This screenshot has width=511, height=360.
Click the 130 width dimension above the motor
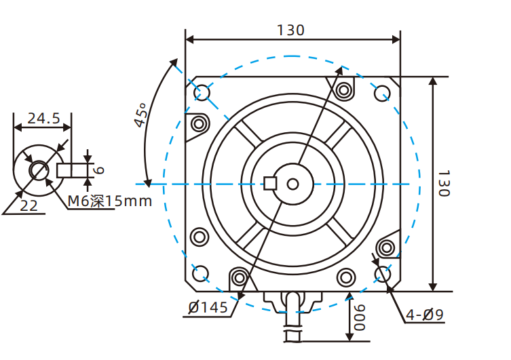tap(290, 30)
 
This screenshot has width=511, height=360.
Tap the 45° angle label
tap(140, 115)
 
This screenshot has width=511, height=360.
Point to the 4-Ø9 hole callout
tap(424, 315)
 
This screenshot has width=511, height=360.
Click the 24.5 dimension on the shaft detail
tap(42, 119)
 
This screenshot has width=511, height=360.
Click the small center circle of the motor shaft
tap(292, 184)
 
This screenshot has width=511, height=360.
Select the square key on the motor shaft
tap(271, 183)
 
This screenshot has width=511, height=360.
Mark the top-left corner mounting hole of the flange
tap(202, 92)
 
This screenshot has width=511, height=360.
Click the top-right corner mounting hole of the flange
tap(382, 92)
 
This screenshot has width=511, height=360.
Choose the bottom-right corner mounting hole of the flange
tap(382, 273)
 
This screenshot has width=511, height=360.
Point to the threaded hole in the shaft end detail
tap(38, 169)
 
